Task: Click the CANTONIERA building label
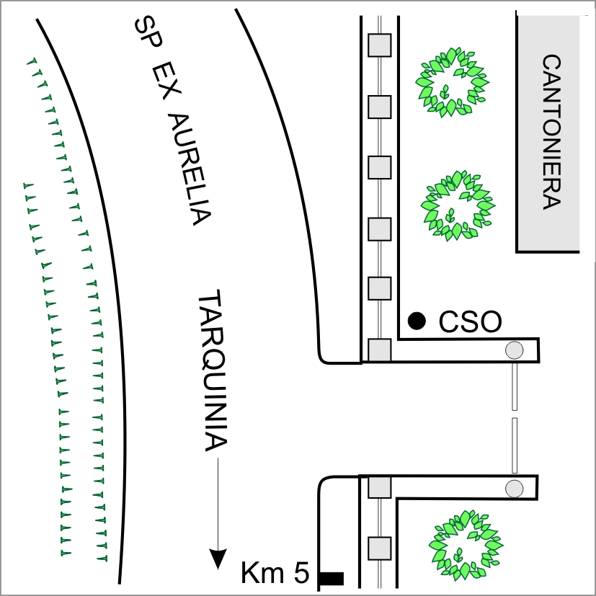549,132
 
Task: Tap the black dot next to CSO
416,320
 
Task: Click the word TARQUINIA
213,372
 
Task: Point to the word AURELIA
188,170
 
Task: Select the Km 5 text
275,574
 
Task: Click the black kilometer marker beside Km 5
332,577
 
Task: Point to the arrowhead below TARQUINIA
215,559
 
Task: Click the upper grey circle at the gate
514,350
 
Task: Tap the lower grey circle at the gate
514,487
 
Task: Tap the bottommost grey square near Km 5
379,548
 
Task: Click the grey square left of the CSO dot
379,289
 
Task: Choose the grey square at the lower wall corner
379,487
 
